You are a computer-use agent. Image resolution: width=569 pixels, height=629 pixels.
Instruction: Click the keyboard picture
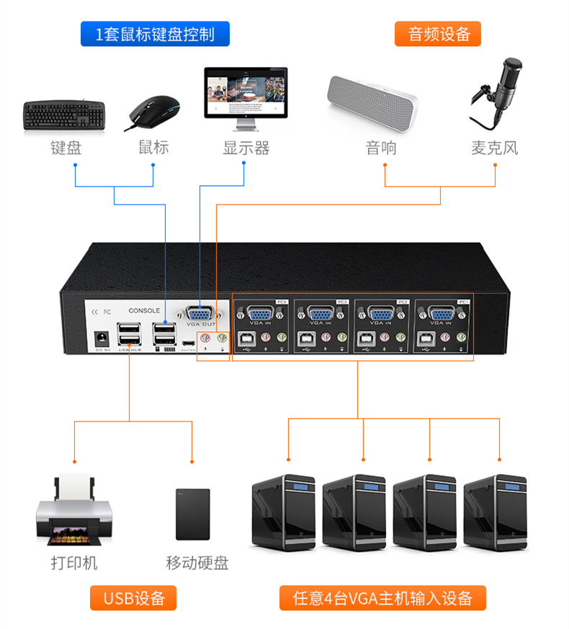[x=65, y=115]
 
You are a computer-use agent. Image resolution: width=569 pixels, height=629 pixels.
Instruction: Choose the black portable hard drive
[x=193, y=514]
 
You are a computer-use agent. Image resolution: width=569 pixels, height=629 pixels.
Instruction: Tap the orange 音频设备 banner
[x=438, y=34]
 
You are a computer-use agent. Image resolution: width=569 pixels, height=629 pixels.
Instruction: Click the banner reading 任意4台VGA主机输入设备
[x=383, y=597]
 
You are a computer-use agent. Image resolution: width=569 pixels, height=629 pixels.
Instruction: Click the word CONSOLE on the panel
[x=144, y=311]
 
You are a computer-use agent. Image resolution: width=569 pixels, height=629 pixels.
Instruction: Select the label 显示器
[x=246, y=148]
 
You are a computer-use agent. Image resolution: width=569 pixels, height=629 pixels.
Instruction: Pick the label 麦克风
[x=494, y=148]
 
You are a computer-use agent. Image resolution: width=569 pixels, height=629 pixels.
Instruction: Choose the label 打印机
[x=73, y=563]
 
